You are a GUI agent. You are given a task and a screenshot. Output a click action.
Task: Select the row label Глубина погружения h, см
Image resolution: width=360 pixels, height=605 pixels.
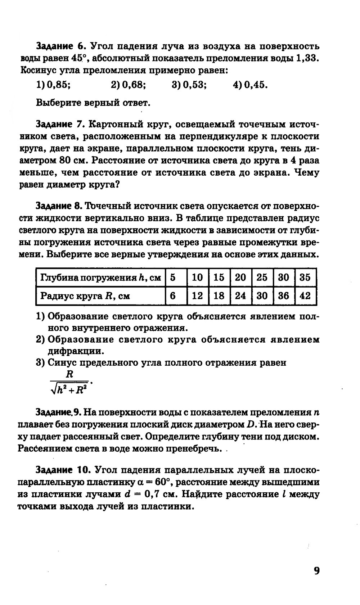tap(100, 278)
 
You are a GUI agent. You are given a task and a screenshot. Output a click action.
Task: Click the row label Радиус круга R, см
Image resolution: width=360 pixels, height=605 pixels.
tap(85, 296)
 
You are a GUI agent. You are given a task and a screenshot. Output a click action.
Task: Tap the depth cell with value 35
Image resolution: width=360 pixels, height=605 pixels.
tap(305, 277)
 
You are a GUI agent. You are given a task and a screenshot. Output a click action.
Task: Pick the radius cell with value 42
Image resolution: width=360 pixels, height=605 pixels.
tap(305, 296)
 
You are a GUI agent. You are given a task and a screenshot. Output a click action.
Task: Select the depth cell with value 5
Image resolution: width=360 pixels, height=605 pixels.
tap(173, 277)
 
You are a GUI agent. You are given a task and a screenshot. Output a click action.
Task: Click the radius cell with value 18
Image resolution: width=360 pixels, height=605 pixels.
tap(219, 296)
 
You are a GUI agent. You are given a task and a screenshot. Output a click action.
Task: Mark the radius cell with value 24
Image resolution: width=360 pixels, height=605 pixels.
tap(240, 296)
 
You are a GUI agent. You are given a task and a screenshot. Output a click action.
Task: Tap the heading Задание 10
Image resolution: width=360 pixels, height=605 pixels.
tap(62, 470)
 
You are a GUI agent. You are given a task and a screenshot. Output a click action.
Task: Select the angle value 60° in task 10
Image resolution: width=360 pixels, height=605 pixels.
tap(157, 482)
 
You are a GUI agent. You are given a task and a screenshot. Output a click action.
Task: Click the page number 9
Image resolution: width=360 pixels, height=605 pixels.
tap(316, 571)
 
